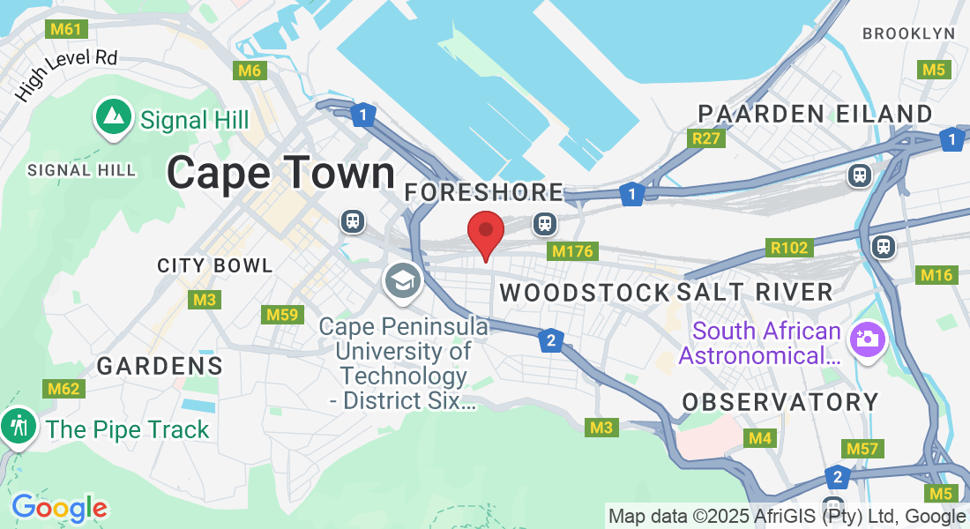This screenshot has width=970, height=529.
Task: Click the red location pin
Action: tap(485, 233)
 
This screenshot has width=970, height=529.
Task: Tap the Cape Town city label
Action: tap(280, 173)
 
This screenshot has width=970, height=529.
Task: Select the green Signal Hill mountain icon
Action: tap(113, 118)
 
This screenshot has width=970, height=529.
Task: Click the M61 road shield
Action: tap(66, 29)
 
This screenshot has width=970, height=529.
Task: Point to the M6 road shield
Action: tap(249, 71)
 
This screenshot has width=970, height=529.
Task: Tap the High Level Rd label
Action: tap(66, 76)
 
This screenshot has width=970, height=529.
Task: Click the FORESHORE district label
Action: tap(483, 192)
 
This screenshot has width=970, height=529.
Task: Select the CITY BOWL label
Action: tap(215, 265)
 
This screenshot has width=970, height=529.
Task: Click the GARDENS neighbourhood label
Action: tap(160, 366)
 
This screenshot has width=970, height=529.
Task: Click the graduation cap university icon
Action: tap(403, 282)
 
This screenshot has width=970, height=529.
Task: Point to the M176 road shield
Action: tap(572, 252)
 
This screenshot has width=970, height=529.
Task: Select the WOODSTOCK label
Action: tap(585, 293)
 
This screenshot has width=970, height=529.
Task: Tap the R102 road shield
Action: tap(788, 248)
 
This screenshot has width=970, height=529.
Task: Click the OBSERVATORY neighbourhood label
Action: tap(780, 402)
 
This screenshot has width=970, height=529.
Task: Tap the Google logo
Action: tap(59, 508)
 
